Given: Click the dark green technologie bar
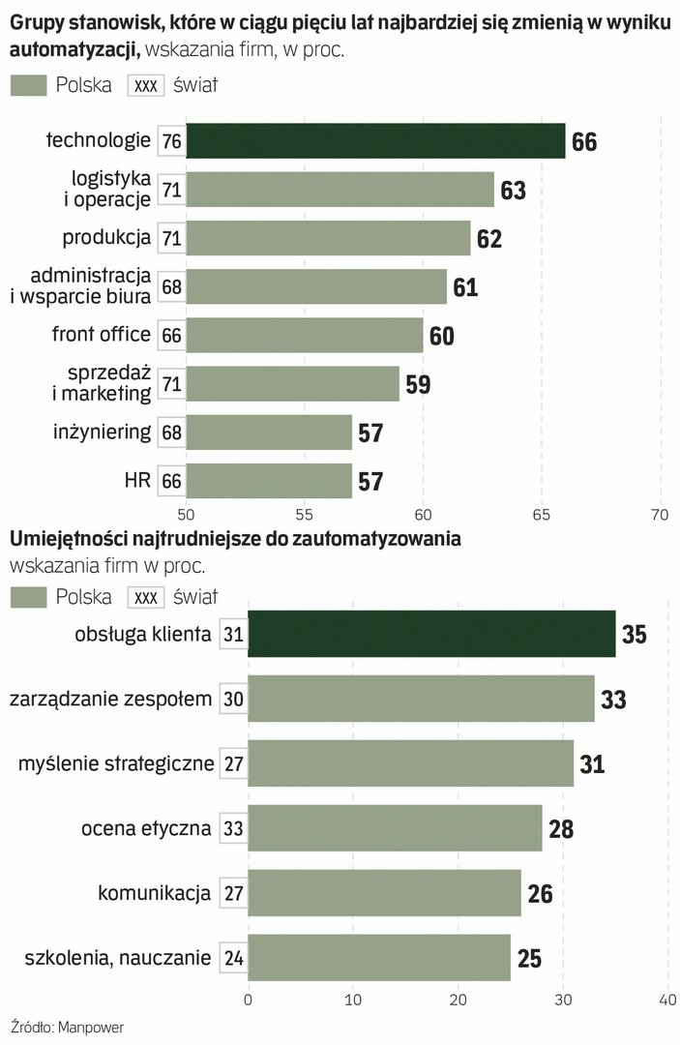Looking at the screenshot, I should tap(375, 141).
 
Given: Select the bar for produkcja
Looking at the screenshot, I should tap(328, 238).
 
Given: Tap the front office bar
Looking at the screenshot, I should tap(305, 335).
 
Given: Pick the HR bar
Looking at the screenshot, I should tap(269, 480).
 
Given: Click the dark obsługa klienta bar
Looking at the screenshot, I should tap(431, 634).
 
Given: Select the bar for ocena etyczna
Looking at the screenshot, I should tap(395, 828).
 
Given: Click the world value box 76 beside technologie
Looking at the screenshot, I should tap(172, 141).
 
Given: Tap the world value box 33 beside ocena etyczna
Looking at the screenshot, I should tap(233, 828).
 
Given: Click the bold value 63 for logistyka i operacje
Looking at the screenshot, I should tap(513, 191).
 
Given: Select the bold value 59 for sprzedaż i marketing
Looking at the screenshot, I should tap(418, 384).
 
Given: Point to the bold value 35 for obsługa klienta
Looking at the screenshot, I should tap(634, 635).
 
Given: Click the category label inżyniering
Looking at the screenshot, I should tap(103, 431).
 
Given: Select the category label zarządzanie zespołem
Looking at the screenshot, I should tap(109, 698).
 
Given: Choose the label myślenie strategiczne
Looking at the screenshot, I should tap(116, 763).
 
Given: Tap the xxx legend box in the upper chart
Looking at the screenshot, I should tap(146, 85).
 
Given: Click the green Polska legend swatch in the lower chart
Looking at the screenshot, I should tap(28, 597).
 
